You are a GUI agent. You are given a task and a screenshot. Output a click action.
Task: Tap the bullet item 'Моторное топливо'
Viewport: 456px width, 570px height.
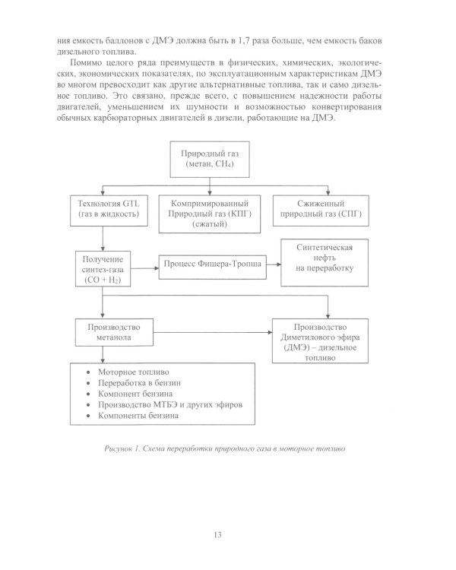(130, 373)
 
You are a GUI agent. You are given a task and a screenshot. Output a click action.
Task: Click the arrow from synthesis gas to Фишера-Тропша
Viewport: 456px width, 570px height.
(145, 264)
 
